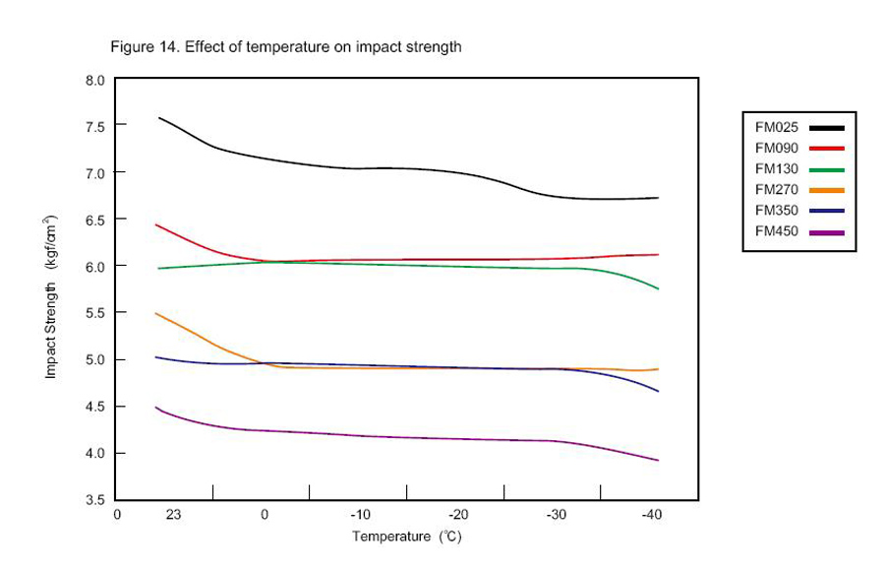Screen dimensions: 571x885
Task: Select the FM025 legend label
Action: tap(776, 127)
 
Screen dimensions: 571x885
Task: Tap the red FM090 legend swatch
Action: tap(827, 148)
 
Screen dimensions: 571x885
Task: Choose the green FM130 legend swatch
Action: tap(827, 168)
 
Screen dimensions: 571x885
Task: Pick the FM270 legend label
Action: tap(776, 189)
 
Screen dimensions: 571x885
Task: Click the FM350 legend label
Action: tap(776, 210)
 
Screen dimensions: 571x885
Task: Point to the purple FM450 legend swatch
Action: tap(827, 231)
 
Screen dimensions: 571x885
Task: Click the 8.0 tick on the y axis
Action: tap(95, 79)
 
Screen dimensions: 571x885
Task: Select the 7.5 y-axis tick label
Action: tap(95, 126)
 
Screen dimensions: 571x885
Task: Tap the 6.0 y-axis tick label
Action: tap(95, 266)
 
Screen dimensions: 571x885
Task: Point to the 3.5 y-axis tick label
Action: tap(95, 500)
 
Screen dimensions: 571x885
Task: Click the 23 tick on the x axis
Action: tap(173, 515)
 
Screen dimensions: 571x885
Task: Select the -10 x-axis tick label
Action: tap(361, 515)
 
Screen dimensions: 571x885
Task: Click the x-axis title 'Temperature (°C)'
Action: tap(407, 537)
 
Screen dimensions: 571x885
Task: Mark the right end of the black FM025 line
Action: tap(658, 198)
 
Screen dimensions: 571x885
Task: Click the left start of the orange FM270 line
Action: tap(156, 313)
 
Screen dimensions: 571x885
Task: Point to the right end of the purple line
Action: tap(658, 461)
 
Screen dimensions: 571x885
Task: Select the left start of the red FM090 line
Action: tap(156, 224)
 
